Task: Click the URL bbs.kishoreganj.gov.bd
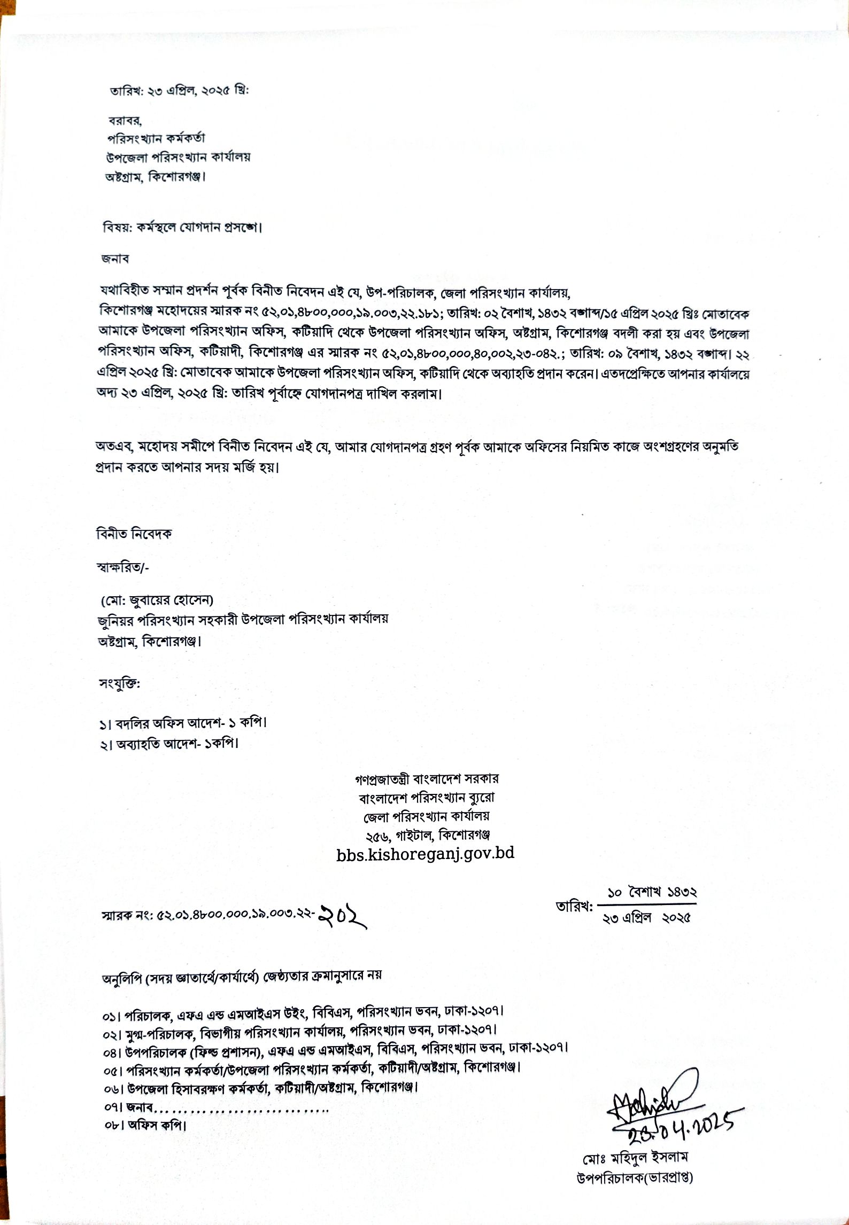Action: (x=426, y=853)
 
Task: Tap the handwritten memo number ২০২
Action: (x=342, y=916)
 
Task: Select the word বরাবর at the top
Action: (x=125, y=120)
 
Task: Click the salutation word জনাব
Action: (x=115, y=259)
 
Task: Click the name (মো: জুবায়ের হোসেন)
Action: (x=157, y=600)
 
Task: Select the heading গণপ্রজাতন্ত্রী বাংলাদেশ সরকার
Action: (x=427, y=779)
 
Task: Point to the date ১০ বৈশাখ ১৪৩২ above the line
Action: (x=652, y=892)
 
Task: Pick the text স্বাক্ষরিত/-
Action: (x=122, y=567)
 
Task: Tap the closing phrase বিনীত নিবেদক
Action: (x=134, y=534)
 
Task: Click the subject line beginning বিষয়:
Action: (x=182, y=228)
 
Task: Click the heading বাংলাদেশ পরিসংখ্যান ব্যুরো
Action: (x=427, y=798)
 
